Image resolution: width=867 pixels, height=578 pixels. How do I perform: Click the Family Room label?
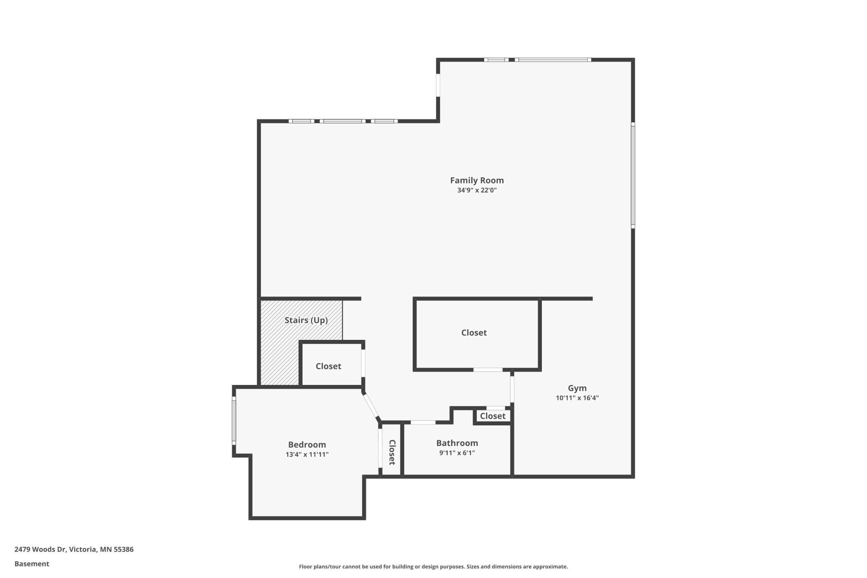point(477,181)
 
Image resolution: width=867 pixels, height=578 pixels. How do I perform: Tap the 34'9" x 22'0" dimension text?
point(477,191)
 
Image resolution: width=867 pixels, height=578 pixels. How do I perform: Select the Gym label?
point(577,388)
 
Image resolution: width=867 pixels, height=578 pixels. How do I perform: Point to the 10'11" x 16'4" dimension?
point(577,398)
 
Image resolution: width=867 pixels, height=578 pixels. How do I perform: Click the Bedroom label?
point(307,445)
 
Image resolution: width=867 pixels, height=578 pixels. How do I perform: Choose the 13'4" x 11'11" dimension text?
point(307,455)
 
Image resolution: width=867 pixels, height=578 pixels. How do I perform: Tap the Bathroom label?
point(457,443)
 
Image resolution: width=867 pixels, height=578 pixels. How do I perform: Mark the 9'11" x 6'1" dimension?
point(457,453)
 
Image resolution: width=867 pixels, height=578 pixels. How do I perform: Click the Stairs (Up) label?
point(306,320)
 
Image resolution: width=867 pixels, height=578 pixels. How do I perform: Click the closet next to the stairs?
point(328,366)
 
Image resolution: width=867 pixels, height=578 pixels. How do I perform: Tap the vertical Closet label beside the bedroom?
point(392,452)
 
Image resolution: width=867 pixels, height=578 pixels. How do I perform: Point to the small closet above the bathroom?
point(493,416)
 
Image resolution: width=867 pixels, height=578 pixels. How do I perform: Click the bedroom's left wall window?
point(234,420)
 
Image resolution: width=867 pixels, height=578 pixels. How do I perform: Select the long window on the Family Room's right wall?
point(633,175)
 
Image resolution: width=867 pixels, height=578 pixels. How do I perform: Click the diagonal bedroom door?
point(371,405)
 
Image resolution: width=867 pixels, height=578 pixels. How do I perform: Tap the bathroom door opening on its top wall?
point(423,422)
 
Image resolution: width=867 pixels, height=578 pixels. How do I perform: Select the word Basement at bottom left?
point(32,564)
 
